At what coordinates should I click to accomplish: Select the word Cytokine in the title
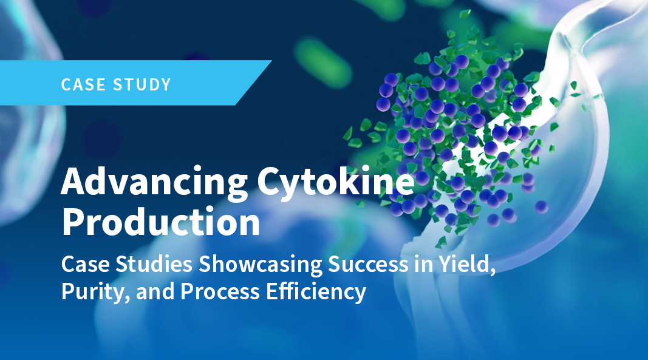(x=336, y=182)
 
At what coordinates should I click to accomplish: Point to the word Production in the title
(x=161, y=222)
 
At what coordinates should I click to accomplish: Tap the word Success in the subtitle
(x=368, y=264)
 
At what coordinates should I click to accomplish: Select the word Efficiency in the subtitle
(x=316, y=292)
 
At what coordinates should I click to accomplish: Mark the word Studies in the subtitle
(x=154, y=264)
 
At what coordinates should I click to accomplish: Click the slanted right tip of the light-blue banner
(x=271, y=61)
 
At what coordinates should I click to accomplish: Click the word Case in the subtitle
(x=86, y=264)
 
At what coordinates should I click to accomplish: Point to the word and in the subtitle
(x=155, y=292)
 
